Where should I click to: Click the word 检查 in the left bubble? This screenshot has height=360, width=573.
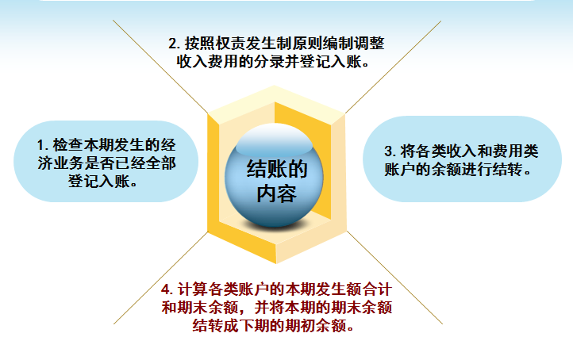coord(69,146)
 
